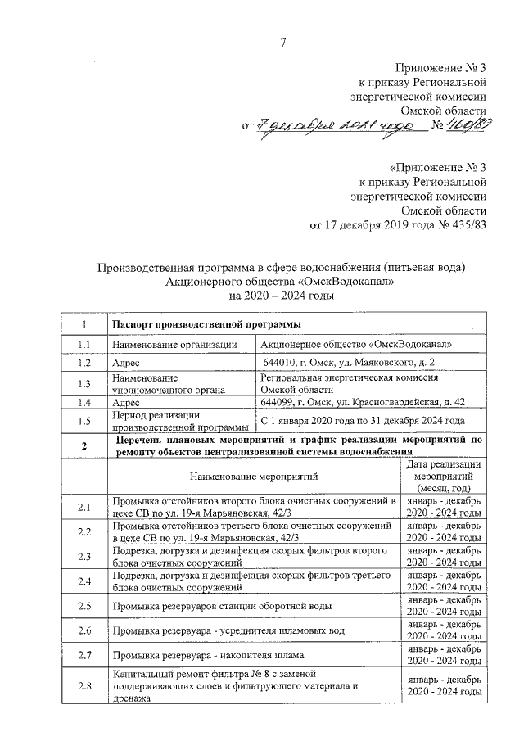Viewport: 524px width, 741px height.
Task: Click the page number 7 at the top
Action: coord(282,43)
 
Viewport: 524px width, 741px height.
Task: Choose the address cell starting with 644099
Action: coord(363,403)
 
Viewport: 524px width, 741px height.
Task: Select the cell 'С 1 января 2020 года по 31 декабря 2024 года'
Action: coord(368,421)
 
